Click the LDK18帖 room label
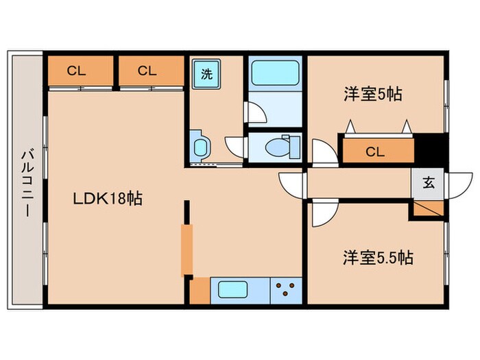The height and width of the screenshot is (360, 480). [x=108, y=198]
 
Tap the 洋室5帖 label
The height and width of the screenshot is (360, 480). [x=373, y=94]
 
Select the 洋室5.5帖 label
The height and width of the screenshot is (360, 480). [x=378, y=257]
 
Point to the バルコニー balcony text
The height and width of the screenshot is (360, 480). [x=27, y=183]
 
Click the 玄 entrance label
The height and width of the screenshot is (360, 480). [x=429, y=183]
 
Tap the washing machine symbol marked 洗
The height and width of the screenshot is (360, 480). [x=206, y=74]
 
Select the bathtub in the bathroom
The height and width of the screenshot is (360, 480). [x=275, y=73]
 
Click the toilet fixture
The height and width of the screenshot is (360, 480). [x=283, y=147]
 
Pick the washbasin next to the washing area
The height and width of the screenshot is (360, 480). [x=200, y=147]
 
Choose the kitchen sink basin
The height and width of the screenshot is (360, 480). [x=232, y=289]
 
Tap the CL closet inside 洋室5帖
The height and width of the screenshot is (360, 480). [x=379, y=151]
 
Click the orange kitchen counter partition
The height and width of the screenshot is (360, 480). [x=187, y=249]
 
